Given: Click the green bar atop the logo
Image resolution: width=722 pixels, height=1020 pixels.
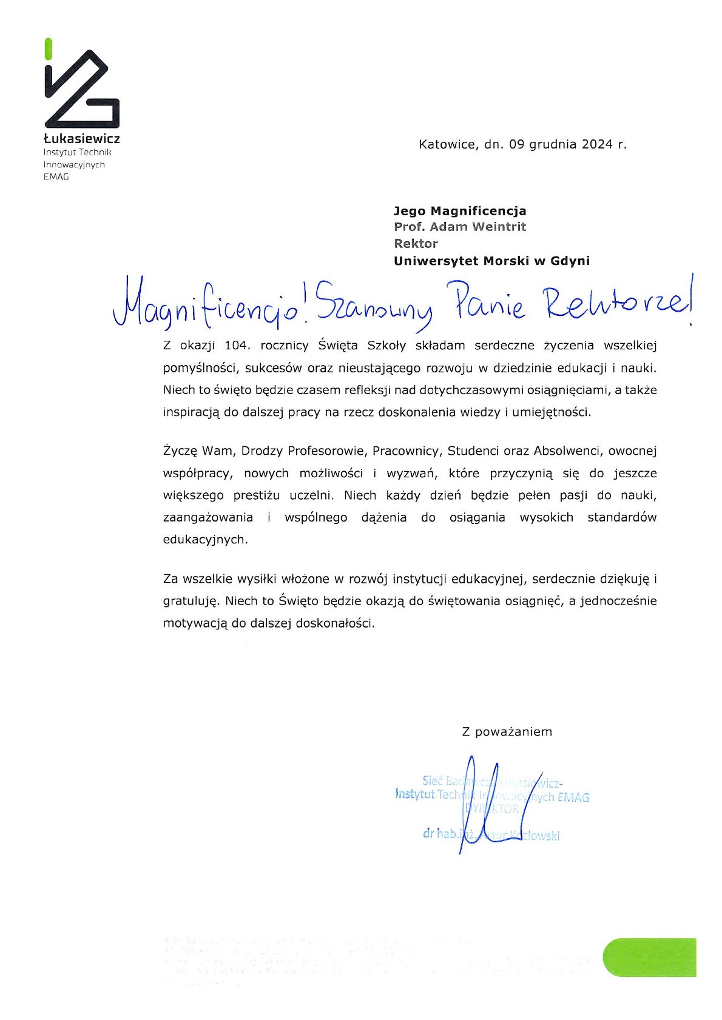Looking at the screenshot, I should pos(48,49).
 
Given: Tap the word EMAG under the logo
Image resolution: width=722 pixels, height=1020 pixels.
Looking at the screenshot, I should pos(56,177).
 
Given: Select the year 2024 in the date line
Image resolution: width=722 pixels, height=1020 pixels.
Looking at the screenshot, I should pos(598,144).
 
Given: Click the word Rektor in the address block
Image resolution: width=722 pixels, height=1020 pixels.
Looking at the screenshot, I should pos(416,244).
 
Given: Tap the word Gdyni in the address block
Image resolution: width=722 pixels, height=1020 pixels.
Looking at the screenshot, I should pos(570,261).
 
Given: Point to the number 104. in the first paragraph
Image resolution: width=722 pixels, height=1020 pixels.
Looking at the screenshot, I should pos(237,346).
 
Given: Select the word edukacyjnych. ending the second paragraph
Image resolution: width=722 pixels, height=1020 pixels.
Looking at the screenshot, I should pos(206,539).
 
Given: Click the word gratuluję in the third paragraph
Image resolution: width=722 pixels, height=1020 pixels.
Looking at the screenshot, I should pos(191,602).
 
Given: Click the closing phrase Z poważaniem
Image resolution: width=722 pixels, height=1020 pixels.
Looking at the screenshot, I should pos(507,731).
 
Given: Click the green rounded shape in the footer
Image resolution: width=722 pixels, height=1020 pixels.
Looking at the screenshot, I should pos(649,957).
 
